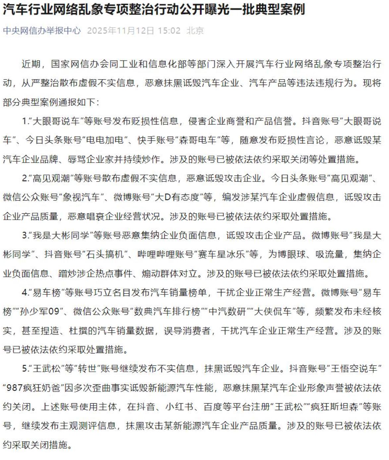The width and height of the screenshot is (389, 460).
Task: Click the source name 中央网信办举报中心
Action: pos(42,31)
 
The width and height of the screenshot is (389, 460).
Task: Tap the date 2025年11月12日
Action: pos(121,31)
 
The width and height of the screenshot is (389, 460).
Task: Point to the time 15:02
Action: pos(169,31)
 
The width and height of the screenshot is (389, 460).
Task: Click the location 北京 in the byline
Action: pos(195,31)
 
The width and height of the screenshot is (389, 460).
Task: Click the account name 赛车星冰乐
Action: pos(222,255)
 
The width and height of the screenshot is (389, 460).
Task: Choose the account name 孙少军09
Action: pos(39,312)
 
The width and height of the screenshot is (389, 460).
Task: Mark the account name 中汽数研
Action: pos(227,312)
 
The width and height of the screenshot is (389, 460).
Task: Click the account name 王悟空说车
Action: pos(354,369)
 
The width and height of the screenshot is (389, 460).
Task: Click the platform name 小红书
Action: pos(180,407)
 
